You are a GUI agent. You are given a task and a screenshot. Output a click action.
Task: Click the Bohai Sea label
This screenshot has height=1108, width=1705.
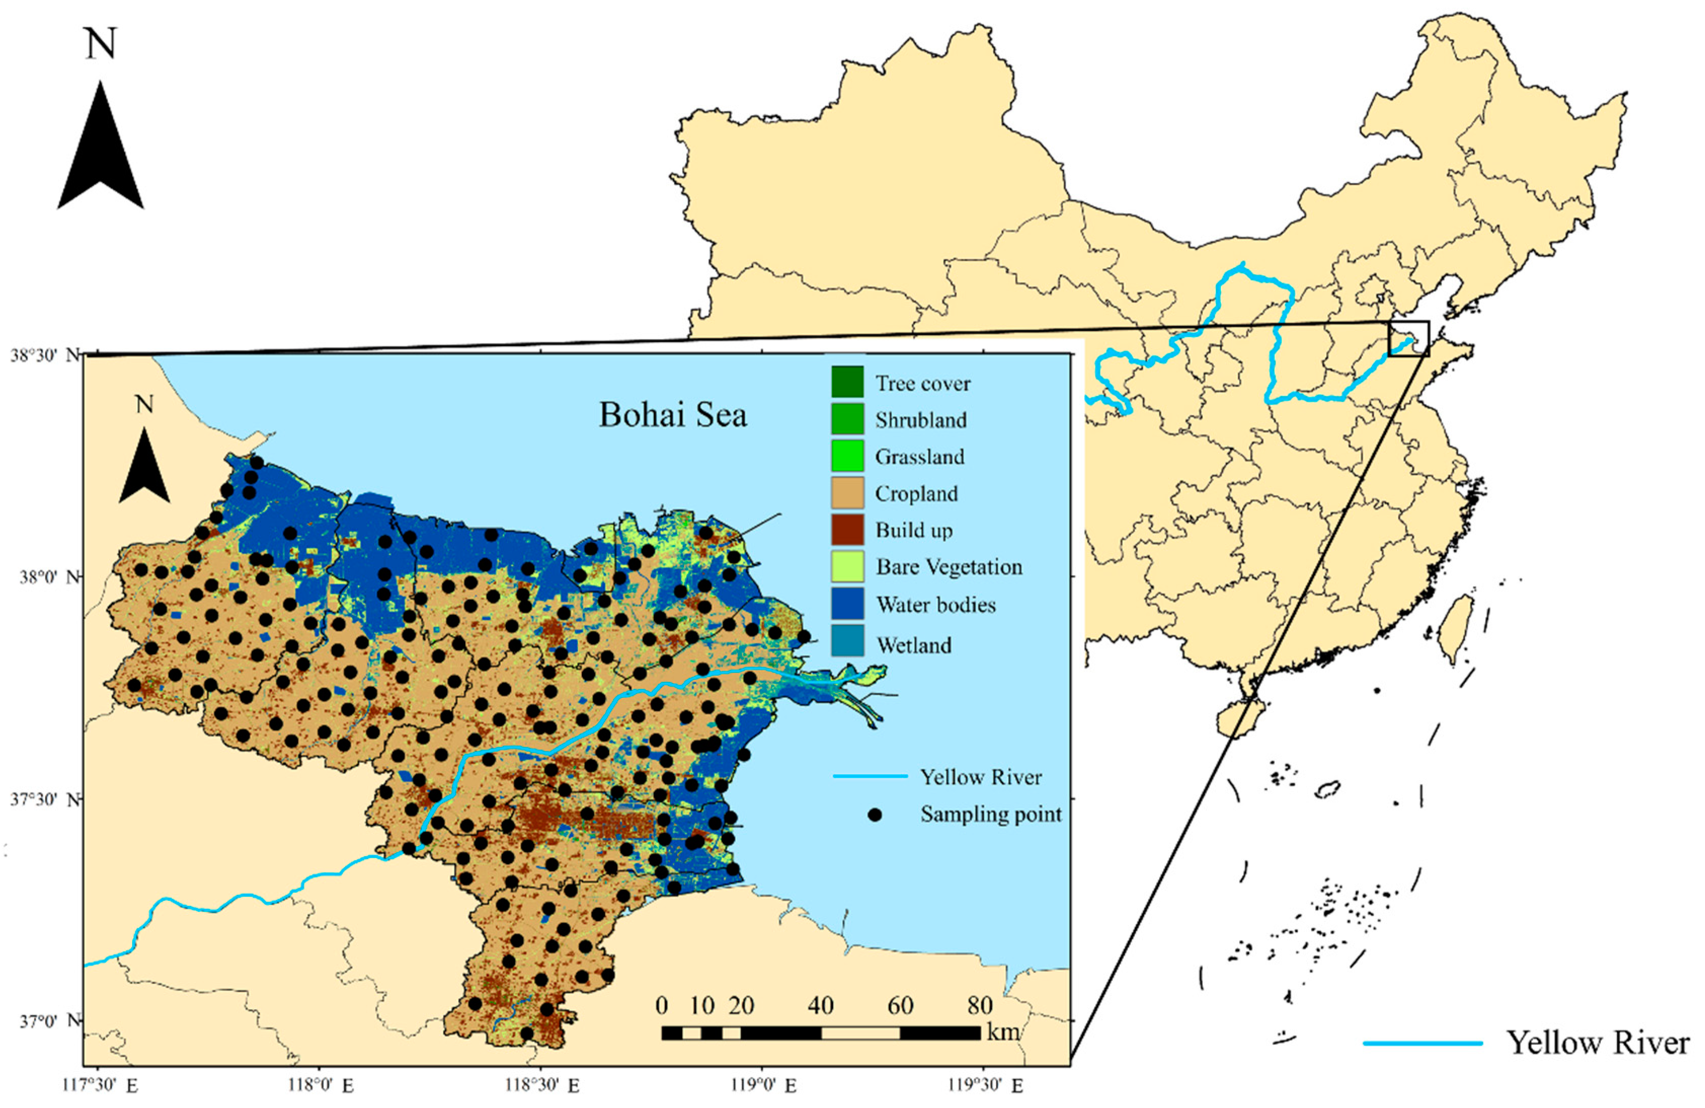point(672,415)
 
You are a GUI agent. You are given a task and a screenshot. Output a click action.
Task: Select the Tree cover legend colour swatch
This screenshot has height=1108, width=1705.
point(847,382)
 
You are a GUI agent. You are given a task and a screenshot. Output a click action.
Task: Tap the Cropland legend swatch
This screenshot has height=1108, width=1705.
point(847,492)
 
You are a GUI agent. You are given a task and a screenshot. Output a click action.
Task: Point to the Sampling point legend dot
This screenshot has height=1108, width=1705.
point(874,815)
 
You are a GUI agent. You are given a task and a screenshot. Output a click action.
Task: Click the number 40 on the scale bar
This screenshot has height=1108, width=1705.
point(820,1006)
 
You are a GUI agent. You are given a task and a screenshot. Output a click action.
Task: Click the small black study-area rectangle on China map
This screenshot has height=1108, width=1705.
point(1408,338)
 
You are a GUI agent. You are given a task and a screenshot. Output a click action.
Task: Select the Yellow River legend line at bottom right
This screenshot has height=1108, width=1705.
point(1422,1044)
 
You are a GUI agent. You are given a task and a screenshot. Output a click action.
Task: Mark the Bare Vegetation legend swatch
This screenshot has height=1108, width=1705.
point(847,566)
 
